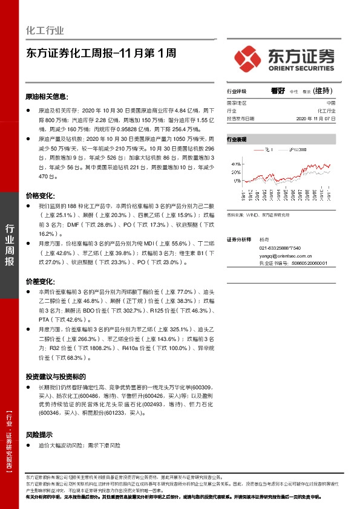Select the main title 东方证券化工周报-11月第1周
[x=101, y=53]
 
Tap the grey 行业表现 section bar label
[x=237, y=139]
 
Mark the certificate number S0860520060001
[x=301, y=264]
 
